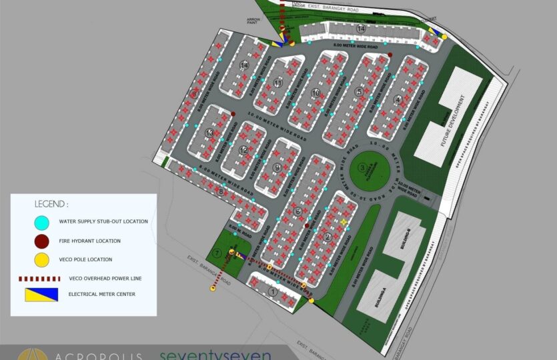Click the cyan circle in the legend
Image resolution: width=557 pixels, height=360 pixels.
41,221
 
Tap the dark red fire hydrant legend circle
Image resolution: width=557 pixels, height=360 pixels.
41,241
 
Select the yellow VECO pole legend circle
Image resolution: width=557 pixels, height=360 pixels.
41,259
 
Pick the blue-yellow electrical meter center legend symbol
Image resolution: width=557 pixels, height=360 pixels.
41,292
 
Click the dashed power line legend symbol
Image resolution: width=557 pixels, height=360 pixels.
41,278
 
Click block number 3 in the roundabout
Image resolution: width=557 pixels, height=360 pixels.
362,168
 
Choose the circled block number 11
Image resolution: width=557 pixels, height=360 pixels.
277,82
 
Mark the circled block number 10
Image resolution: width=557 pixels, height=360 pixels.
316,93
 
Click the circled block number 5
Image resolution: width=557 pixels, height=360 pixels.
359,92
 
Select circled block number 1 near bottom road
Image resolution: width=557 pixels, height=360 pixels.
272,291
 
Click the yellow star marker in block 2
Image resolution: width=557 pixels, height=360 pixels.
344,221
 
